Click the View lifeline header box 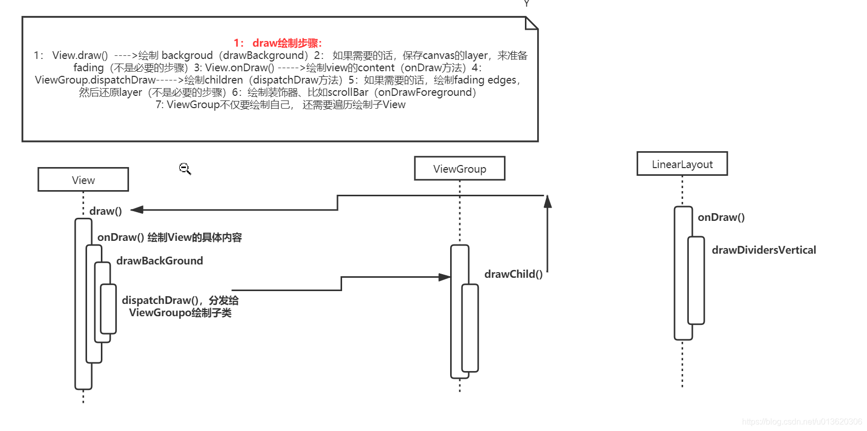(x=83, y=179)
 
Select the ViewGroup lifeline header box (x=459, y=169)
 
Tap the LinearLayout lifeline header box (x=682, y=164)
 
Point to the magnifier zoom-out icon (x=185, y=169)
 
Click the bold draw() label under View (x=105, y=211)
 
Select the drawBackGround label (x=159, y=261)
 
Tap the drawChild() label (x=513, y=274)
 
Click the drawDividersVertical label (x=764, y=250)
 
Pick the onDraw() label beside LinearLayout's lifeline (x=721, y=217)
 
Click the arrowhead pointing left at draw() (x=136, y=210)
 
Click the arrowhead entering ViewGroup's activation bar (x=445, y=277)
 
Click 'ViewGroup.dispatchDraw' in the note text (x=95, y=80)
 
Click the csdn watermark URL (x=802, y=421)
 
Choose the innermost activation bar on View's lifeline (x=108, y=309)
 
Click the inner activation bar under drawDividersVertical (x=696, y=280)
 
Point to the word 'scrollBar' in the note (x=348, y=92)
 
